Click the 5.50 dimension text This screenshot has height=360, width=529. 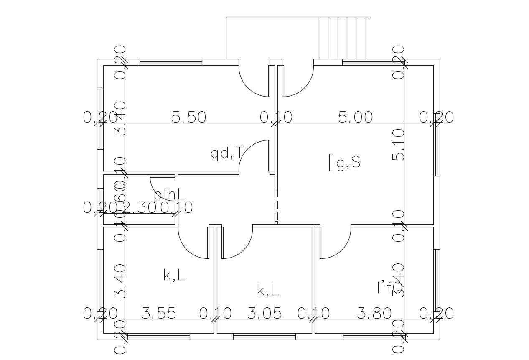click(x=189, y=117)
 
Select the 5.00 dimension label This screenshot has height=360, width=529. click(x=355, y=117)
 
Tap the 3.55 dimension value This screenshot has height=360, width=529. click(x=158, y=313)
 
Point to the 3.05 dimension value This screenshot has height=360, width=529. click(x=264, y=313)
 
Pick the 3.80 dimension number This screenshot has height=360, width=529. click(x=374, y=313)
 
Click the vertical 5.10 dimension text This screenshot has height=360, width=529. click(x=399, y=145)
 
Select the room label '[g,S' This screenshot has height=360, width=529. click(x=344, y=162)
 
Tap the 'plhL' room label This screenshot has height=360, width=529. click(x=169, y=194)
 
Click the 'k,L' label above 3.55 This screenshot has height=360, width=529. click(x=174, y=276)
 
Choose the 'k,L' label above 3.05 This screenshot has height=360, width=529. click(x=267, y=290)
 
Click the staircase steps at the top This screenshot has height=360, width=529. click(x=342, y=38)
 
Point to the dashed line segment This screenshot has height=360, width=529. click(x=275, y=207)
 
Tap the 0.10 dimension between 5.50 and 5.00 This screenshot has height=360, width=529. click(x=276, y=117)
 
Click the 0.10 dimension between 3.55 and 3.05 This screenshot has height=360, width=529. click(x=215, y=313)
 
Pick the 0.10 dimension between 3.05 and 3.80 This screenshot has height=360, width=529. click(x=313, y=313)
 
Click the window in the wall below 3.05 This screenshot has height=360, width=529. click(x=264, y=337)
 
